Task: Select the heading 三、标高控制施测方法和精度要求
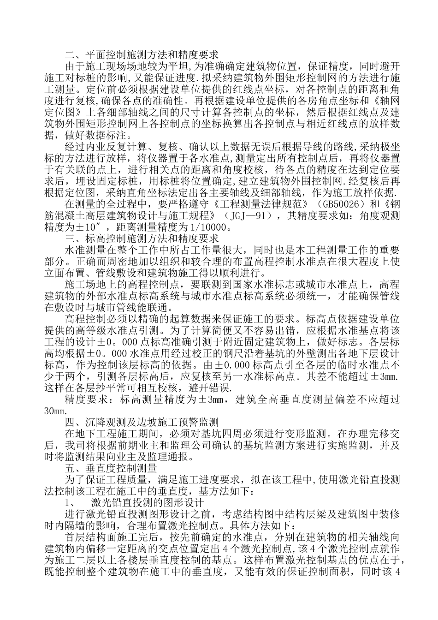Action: click(142, 238)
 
